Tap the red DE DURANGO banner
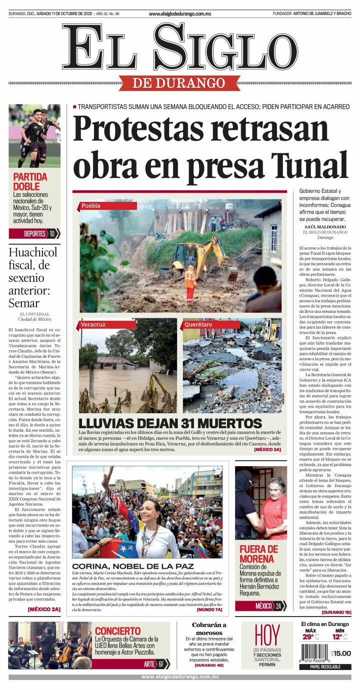(180, 82)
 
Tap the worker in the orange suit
(190, 283)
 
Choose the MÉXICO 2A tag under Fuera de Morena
(260, 606)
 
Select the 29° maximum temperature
(310, 637)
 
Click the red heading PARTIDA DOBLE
(30, 181)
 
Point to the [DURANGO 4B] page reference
(209, 665)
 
